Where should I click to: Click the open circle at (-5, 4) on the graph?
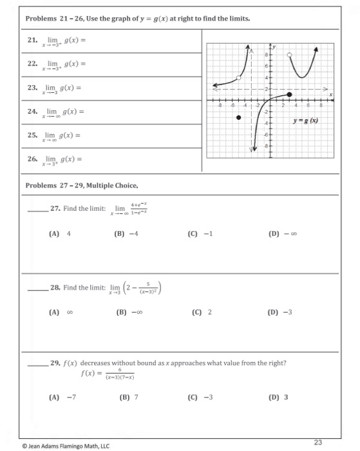pos(239,78)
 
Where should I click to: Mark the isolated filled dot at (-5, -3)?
pos(239,118)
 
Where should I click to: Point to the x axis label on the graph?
pos(331,94)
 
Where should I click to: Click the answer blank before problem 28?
pos(37,289)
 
